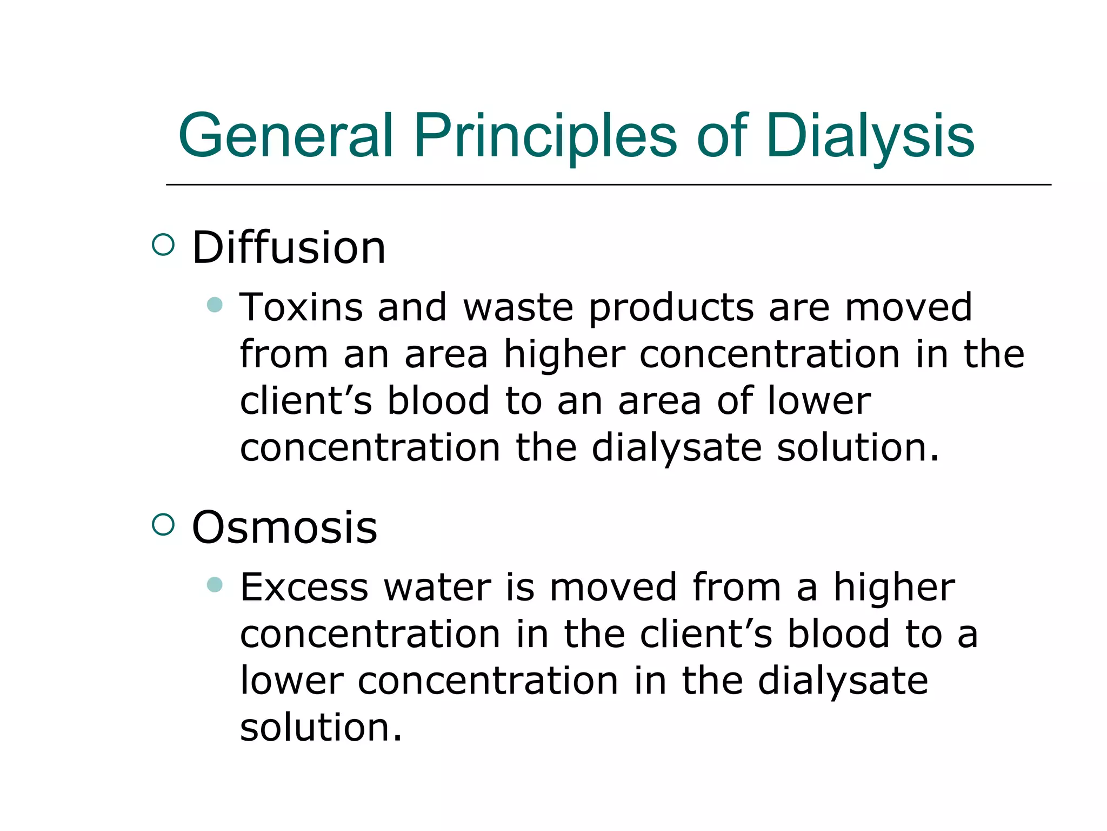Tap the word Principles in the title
(x=545, y=136)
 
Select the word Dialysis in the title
(x=870, y=136)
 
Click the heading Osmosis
(x=284, y=527)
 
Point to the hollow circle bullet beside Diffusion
(x=163, y=245)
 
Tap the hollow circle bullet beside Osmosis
(x=163, y=524)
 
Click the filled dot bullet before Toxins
(x=215, y=305)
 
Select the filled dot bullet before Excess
(x=215, y=584)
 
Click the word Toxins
(x=301, y=307)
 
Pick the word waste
(x=518, y=307)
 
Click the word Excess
(x=304, y=587)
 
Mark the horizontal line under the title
(x=608, y=184)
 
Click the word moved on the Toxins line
(x=908, y=307)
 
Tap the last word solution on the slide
(x=321, y=727)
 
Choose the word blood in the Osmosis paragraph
(x=838, y=634)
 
